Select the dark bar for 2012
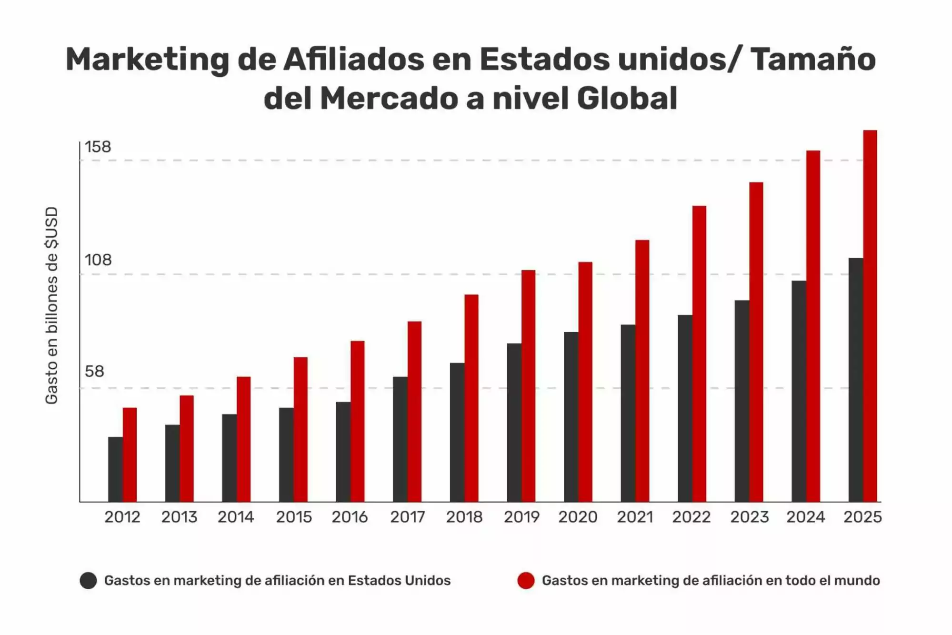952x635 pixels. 115,469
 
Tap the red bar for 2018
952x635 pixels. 471,398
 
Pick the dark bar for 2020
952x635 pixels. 571,417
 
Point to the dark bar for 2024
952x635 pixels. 799,391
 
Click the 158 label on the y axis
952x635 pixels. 98,147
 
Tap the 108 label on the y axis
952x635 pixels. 98,260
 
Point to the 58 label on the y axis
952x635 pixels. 94,372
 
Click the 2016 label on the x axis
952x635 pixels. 350,517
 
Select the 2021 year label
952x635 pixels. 635,517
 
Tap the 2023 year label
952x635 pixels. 749,517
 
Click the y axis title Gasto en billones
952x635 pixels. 51,305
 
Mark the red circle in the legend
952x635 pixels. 526,581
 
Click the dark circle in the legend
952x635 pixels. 88,581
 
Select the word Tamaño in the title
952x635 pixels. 813,60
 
